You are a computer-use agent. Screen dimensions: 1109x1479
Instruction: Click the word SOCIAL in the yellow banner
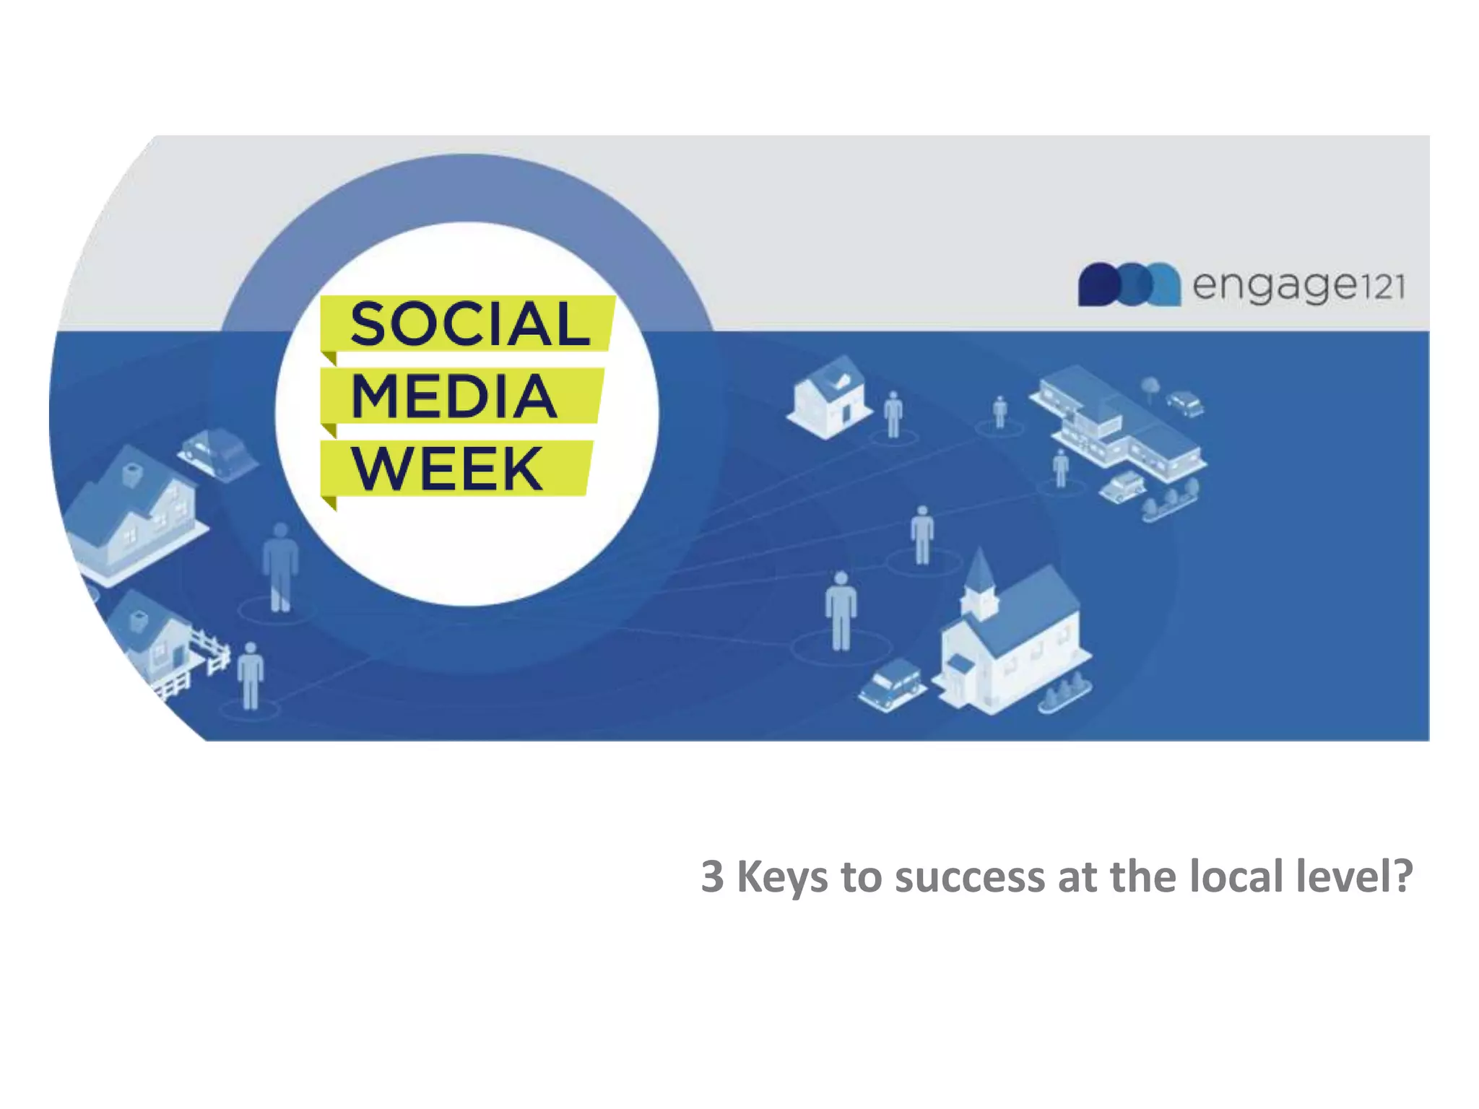tap(469, 324)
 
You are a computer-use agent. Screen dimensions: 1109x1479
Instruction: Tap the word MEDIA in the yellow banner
tap(454, 396)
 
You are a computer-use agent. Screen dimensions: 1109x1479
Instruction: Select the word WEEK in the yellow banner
tap(447, 469)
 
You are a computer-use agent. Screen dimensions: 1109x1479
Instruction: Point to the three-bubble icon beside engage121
tap(1129, 284)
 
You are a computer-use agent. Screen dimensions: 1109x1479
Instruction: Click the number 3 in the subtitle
tap(712, 877)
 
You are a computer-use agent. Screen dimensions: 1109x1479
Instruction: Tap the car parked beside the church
tap(891, 683)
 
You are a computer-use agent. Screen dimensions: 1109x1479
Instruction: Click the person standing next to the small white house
tap(893, 414)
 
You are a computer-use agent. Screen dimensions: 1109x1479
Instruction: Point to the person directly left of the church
tap(841, 610)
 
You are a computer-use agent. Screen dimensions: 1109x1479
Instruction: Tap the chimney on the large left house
tap(132, 474)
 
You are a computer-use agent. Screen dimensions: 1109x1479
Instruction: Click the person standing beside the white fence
tap(251, 674)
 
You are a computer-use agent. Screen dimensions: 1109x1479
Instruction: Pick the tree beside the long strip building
tap(1150, 386)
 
